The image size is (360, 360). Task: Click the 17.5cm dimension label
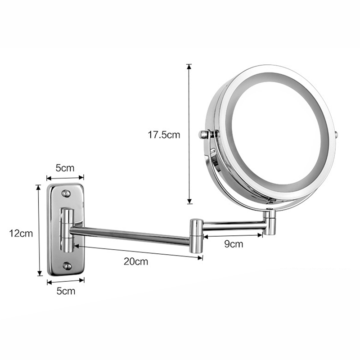[x=164, y=135]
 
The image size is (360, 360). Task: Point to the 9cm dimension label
[x=234, y=244]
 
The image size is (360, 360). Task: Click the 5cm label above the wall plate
[x=65, y=168]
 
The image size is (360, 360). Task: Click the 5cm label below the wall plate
[x=65, y=291]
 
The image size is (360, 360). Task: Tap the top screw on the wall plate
[x=66, y=193]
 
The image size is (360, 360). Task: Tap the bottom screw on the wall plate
[x=67, y=266]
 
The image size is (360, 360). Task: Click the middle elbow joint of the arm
[x=196, y=235]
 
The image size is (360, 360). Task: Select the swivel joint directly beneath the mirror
[x=270, y=222]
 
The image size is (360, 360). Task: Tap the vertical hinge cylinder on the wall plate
[x=66, y=229]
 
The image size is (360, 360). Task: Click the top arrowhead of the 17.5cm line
[x=189, y=67]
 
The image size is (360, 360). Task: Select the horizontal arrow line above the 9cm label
[x=233, y=235]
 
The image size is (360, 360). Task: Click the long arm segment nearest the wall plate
[x=130, y=236]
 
